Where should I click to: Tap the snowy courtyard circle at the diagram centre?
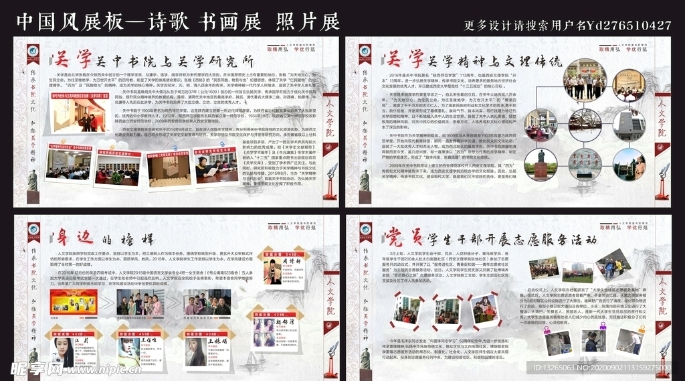pos(585,125)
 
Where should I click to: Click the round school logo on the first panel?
pos(31,52)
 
